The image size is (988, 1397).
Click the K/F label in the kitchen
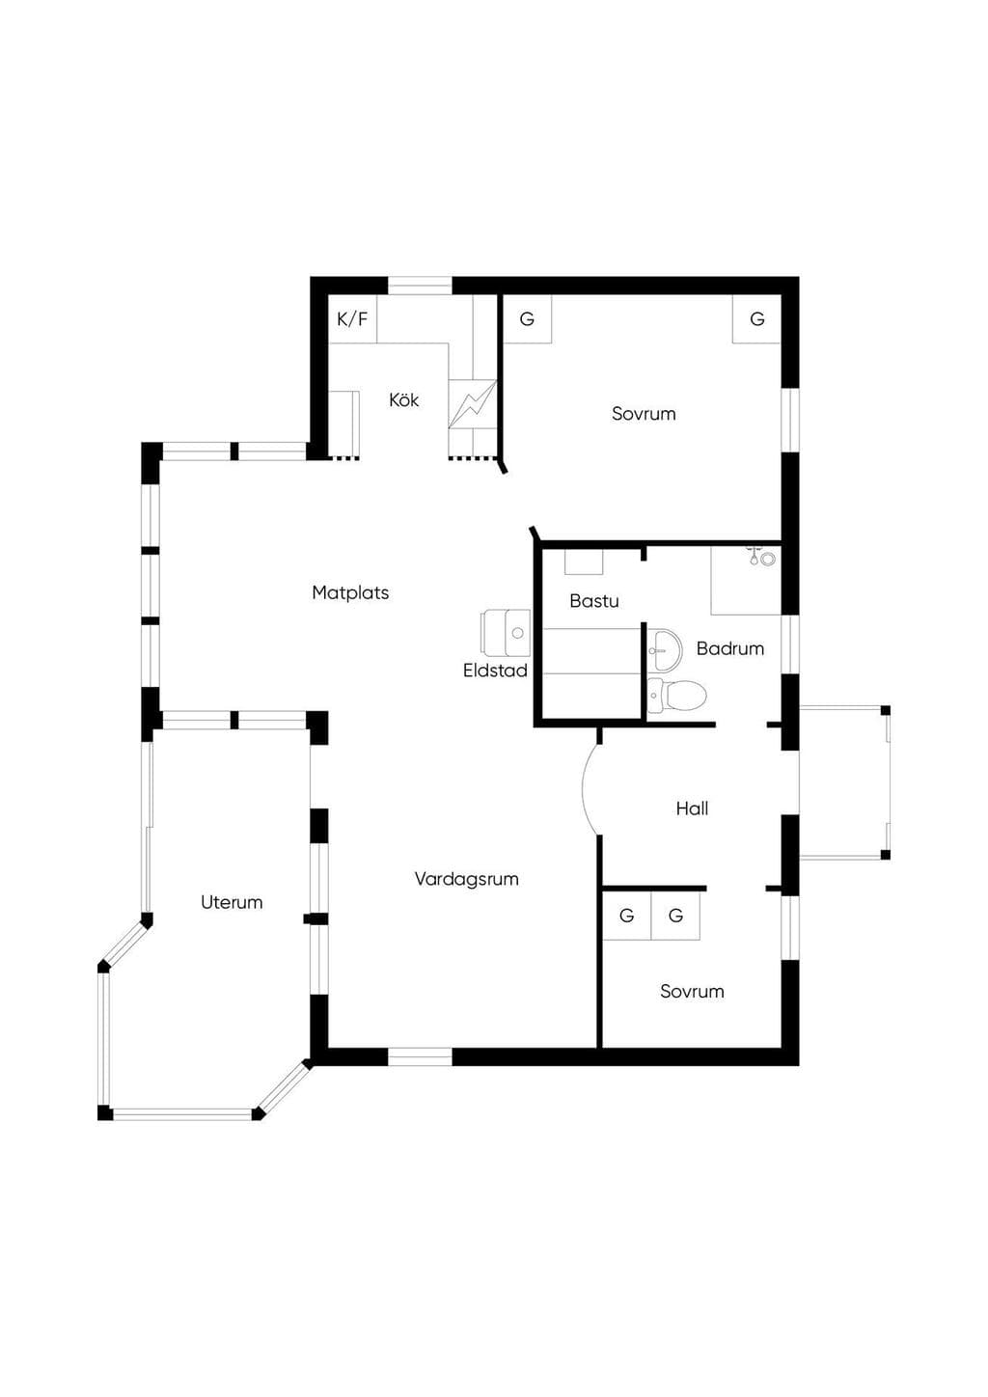point(352,319)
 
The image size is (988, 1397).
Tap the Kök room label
point(403,399)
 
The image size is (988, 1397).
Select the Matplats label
point(350,592)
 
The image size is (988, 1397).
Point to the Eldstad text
point(495,671)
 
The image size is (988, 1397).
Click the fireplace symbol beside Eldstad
point(506,633)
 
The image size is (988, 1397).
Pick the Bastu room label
point(594,601)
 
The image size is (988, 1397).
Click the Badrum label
point(730,648)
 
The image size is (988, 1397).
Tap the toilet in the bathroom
point(676,695)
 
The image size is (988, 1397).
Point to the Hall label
point(693,808)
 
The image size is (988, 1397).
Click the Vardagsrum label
point(467,879)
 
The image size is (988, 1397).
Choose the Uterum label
point(232,902)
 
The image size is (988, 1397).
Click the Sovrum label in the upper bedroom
point(644,414)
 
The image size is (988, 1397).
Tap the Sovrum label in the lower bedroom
point(693,992)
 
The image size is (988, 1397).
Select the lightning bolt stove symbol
point(473,404)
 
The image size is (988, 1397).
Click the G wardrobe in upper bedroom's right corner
point(757,319)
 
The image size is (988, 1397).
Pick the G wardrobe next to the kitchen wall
point(527,319)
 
